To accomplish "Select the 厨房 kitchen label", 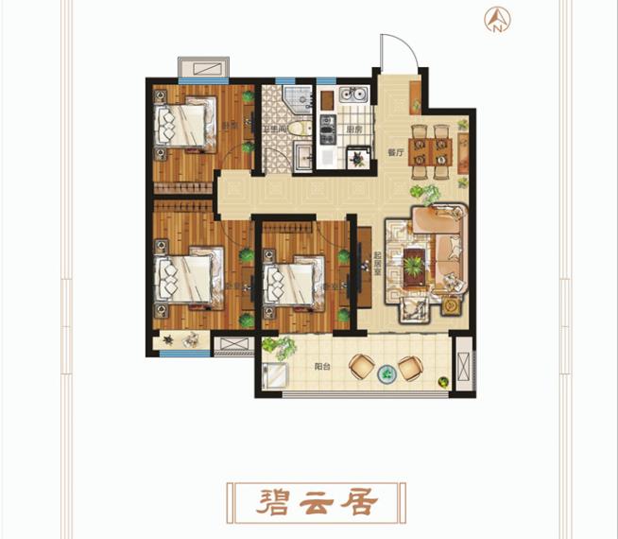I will pos(354,130).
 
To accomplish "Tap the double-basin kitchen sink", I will pos(353,95).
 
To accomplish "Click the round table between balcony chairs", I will pos(386,374).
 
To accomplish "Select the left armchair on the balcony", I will pos(362,366).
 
